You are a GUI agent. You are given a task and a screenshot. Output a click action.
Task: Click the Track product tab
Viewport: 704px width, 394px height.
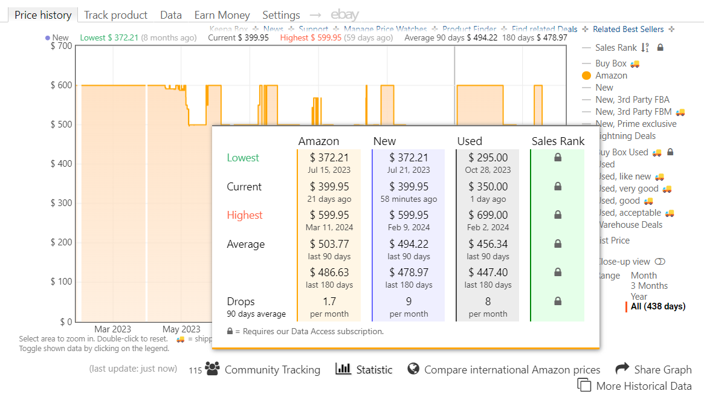tap(115, 15)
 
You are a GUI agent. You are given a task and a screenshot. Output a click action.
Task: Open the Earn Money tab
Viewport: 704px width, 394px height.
tap(222, 15)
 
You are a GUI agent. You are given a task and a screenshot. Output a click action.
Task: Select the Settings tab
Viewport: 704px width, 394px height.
tap(281, 15)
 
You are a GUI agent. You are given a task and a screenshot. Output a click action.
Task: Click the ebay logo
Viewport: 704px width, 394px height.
tap(344, 15)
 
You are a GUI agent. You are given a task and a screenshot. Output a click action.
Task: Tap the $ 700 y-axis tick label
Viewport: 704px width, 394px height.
tap(61, 47)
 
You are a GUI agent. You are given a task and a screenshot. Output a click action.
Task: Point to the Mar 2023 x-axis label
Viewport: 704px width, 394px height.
tap(112, 329)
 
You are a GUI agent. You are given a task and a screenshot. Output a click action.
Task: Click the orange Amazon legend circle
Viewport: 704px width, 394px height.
tap(586, 76)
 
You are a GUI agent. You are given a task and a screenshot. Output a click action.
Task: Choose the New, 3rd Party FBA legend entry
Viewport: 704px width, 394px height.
tap(632, 100)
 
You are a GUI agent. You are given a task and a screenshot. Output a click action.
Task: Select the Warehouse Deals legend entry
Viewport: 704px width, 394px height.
tap(630, 225)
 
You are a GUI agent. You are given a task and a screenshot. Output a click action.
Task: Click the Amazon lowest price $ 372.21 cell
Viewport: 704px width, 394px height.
tap(329, 158)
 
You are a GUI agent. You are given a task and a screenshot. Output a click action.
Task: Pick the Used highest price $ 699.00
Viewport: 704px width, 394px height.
tap(488, 215)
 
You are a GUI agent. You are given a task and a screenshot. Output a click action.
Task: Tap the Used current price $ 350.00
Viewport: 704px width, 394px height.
tap(488, 187)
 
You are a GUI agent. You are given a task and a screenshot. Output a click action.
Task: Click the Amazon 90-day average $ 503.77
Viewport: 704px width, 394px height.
tap(329, 244)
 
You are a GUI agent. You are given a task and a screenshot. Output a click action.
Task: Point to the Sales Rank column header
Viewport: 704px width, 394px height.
tap(558, 141)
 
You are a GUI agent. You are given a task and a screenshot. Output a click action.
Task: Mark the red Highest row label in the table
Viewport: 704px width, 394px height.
tap(245, 215)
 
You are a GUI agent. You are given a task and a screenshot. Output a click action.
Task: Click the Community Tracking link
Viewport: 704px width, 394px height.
tap(272, 370)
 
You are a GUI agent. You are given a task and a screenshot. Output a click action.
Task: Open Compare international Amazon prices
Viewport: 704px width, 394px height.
tap(512, 370)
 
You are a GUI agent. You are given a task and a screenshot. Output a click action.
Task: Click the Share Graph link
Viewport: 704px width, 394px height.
tap(662, 369)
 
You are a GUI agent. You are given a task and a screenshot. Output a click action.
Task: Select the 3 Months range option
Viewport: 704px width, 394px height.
tap(649, 286)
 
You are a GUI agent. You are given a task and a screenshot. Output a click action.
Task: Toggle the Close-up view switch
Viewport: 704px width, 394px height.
tap(660, 262)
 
